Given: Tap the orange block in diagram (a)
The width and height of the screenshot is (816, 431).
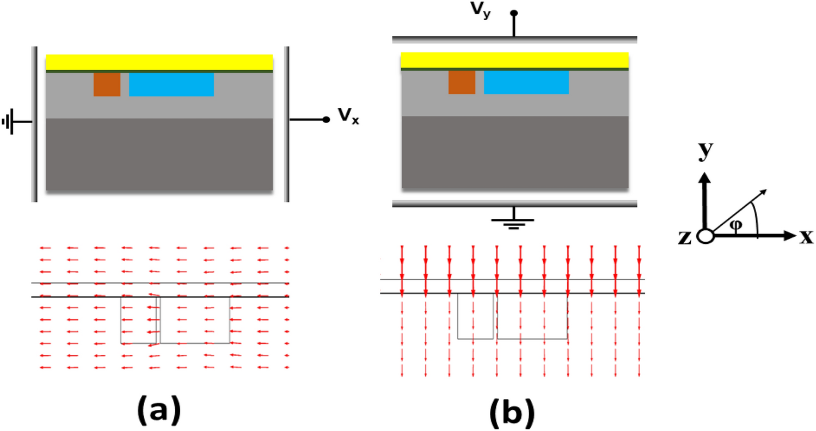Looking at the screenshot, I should tap(107, 85).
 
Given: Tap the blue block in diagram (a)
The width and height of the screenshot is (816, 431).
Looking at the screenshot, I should tap(171, 85).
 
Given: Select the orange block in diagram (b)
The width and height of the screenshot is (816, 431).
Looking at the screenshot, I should tap(462, 82).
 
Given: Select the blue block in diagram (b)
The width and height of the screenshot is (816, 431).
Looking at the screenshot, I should tap(526, 82).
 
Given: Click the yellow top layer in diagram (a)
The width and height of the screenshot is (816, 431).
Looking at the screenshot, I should tap(159, 62).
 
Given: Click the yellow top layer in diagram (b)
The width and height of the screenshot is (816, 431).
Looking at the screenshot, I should tap(514, 60).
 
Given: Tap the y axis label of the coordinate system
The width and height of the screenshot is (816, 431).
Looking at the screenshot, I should tap(706, 153).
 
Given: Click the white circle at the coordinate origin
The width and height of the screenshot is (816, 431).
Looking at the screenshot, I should tap(705, 237).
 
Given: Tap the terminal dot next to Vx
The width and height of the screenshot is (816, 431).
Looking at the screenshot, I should tap(326, 120).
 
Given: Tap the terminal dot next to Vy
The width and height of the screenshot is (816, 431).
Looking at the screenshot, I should tap(514, 13).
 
